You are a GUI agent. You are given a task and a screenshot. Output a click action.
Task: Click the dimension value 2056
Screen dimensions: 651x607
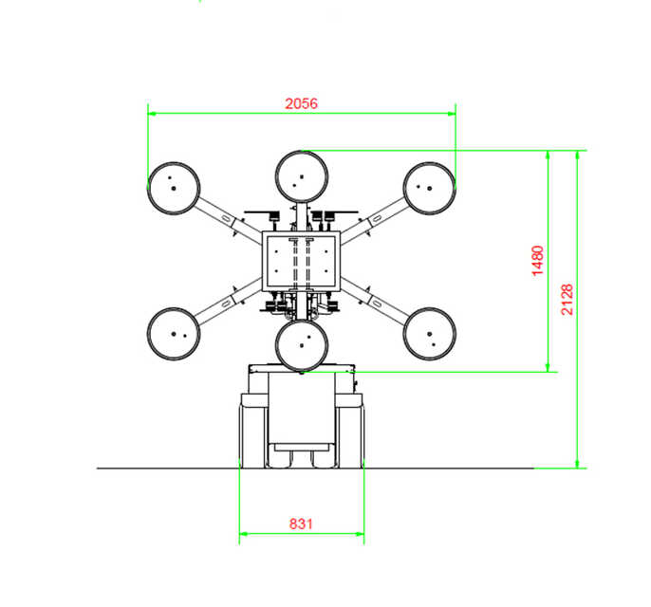(x=302, y=103)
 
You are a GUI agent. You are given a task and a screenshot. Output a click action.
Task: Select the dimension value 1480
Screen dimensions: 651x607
(x=538, y=261)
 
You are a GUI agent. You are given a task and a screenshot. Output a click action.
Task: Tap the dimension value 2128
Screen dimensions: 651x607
(x=567, y=299)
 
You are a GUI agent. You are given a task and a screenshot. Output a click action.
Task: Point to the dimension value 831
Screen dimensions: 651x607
(x=301, y=524)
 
